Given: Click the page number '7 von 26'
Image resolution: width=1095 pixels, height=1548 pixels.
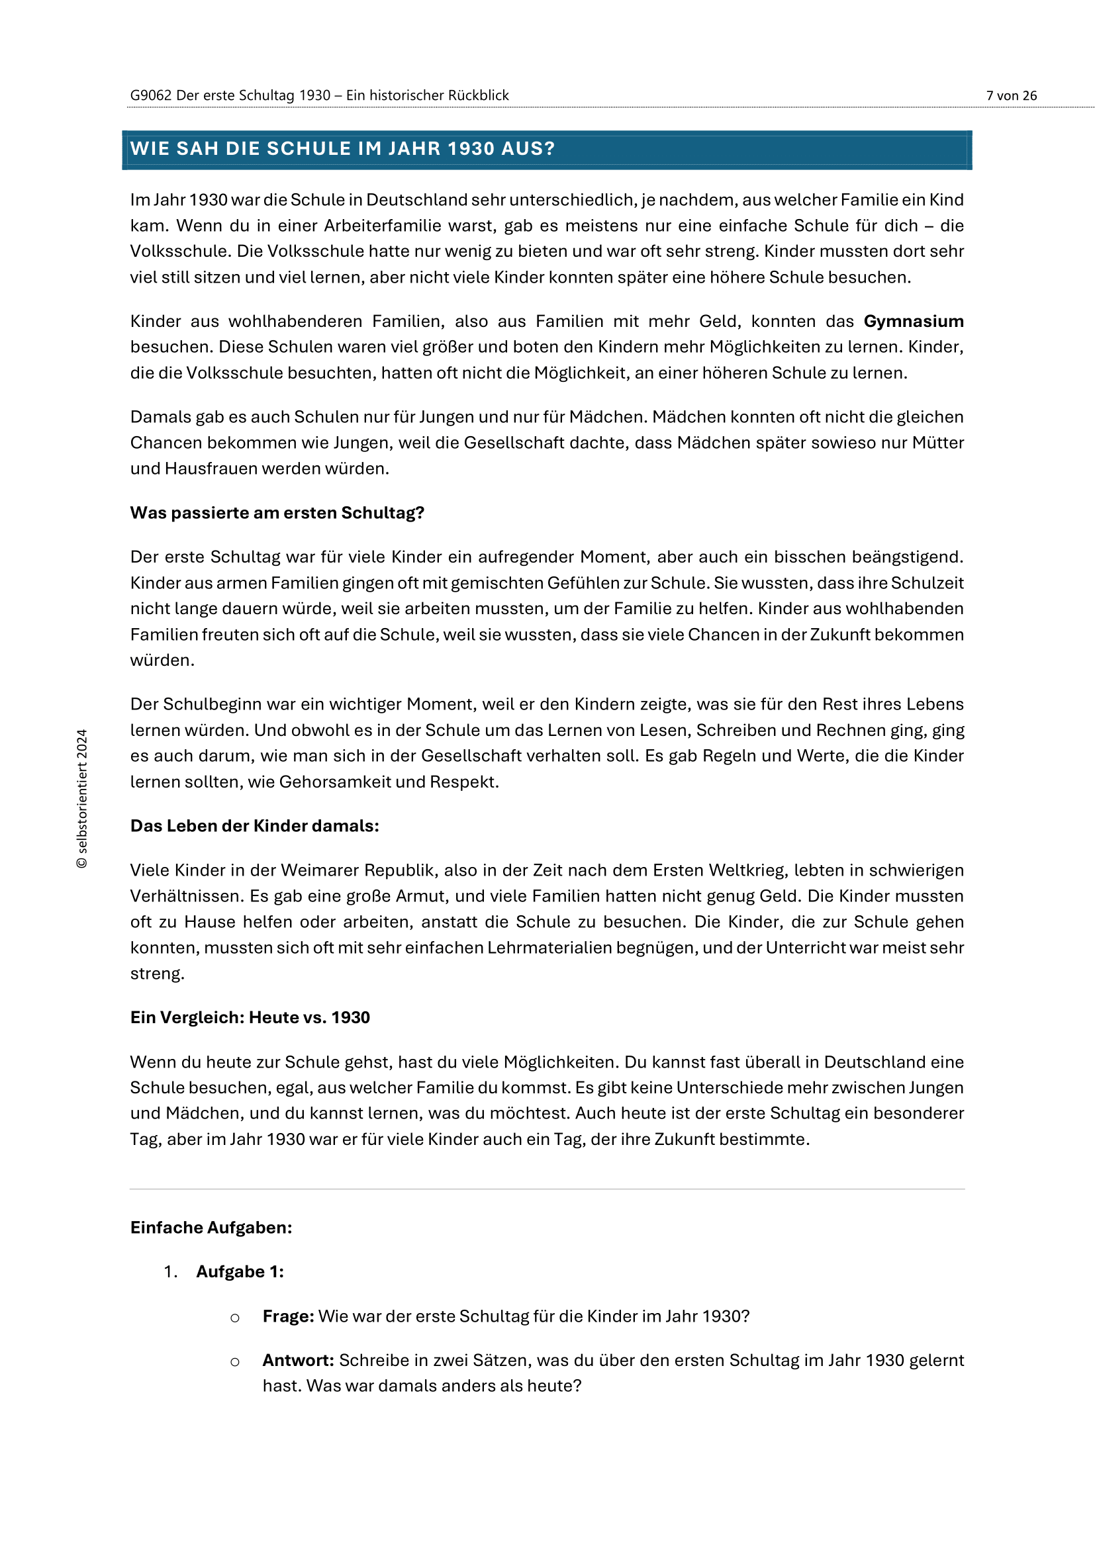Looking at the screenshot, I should [x=1011, y=96].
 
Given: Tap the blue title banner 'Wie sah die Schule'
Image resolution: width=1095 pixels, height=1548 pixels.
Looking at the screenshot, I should [x=546, y=149].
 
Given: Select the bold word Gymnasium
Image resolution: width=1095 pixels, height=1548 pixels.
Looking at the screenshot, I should [x=913, y=322].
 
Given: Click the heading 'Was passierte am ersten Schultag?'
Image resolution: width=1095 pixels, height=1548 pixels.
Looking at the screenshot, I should [x=277, y=513].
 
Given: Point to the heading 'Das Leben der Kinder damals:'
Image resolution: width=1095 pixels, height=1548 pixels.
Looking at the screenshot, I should [x=254, y=826].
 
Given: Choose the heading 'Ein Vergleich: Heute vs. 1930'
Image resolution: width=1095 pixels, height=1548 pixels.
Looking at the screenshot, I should [x=250, y=1017].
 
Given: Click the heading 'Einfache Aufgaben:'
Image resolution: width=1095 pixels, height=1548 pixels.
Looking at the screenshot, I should [x=211, y=1228].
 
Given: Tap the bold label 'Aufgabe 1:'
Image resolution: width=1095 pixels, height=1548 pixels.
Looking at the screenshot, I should [x=240, y=1271].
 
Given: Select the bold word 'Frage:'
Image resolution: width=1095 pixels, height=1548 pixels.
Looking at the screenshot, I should [x=288, y=1316].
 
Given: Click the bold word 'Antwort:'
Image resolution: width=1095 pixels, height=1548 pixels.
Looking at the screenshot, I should [x=298, y=1360].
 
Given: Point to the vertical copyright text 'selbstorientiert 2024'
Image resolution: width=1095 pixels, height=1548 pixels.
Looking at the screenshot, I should [x=82, y=799].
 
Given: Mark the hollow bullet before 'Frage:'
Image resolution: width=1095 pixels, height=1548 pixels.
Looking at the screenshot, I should [x=234, y=1318].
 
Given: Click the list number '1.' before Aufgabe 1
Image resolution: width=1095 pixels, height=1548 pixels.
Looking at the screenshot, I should [x=171, y=1272].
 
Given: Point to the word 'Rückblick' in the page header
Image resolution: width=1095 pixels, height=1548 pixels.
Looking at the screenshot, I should [x=479, y=96].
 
